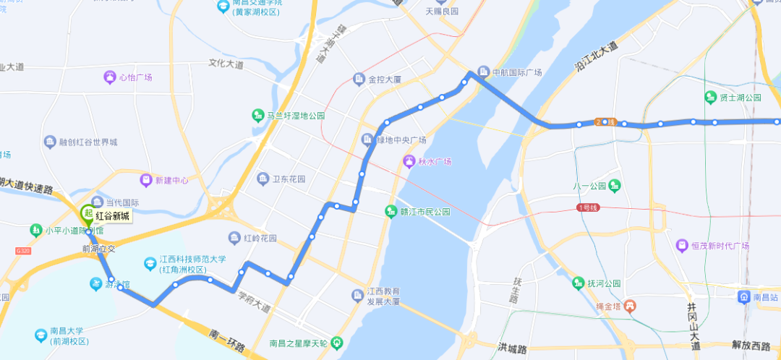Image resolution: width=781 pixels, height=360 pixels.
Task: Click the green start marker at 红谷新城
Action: pyautogui.click(x=88, y=214)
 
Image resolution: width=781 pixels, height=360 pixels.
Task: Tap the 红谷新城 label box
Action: pyautogui.click(x=113, y=216)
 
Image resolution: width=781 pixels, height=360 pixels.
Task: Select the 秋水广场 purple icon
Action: pyautogui.click(x=410, y=161)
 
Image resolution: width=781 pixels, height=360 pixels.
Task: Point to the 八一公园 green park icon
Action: pyautogui.click(x=615, y=185)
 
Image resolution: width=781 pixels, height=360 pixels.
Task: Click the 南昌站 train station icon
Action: pyautogui.click(x=743, y=297)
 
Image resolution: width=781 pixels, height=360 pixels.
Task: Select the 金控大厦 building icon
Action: pyautogui.click(x=359, y=79)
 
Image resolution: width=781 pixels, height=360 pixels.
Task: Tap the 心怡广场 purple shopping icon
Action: pyautogui.click(x=110, y=77)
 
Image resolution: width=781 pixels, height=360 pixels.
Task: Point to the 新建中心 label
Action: pyautogui.click(x=171, y=180)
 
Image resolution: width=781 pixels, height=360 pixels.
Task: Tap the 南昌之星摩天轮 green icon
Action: pyautogui.click(x=336, y=343)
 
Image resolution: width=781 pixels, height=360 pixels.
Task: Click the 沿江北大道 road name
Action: pyautogui.click(x=597, y=56)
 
